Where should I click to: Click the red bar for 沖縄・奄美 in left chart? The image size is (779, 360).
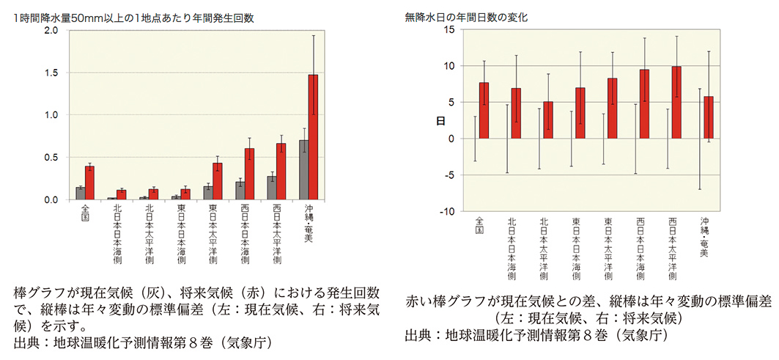(x=313, y=136)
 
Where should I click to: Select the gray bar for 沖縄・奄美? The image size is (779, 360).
(x=303, y=170)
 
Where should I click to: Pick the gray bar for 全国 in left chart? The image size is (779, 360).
(x=80, y=194)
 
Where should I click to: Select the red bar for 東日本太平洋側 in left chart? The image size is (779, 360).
(x=217, y=181)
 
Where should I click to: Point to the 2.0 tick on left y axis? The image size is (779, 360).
(x=51, y=31)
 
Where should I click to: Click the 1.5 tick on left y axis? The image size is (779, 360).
(x=51, y=73)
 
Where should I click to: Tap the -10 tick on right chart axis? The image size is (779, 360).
(x=446, y=211)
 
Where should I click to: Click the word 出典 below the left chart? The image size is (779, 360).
(x=27, y=342)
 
